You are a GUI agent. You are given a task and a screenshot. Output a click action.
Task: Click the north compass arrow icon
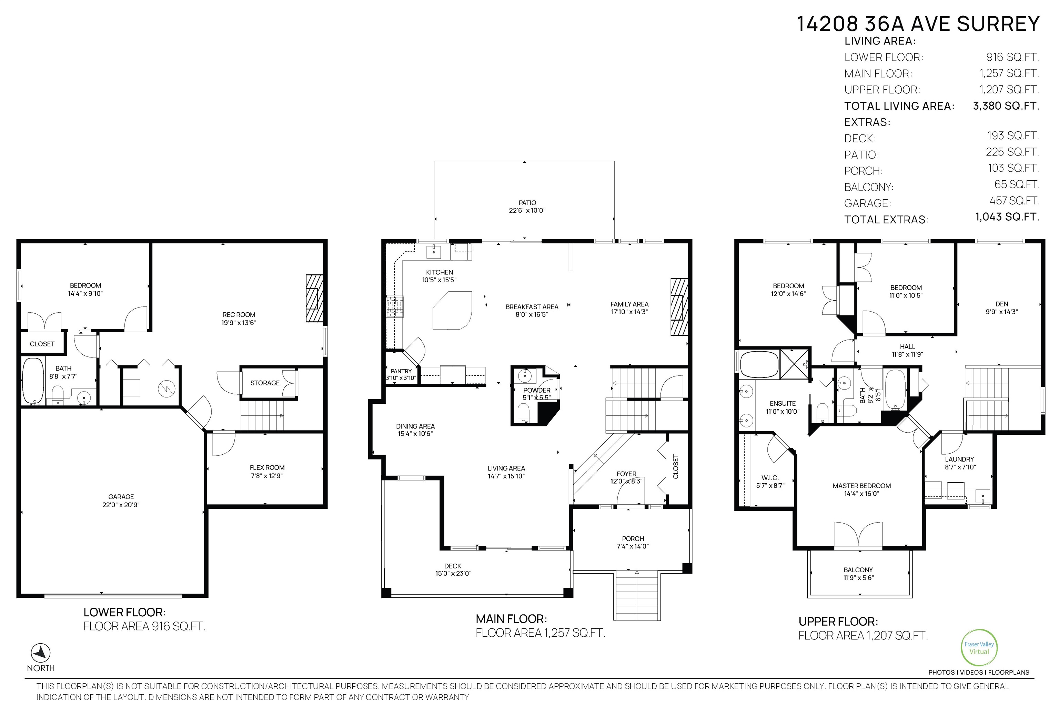(x=41, y=653)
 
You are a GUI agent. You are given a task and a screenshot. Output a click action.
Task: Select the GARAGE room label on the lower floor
(x=121, y=497)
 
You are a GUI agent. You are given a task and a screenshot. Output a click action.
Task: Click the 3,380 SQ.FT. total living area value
(x=1006, y=106)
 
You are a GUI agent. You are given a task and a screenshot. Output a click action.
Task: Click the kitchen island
(x=452, y=310)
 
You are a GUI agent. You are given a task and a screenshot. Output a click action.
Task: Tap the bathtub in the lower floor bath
(x=32, y=381)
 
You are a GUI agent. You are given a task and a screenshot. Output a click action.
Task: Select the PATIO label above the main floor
(x=527, y=203)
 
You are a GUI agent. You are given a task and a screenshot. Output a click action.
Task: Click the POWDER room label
(x=537, y=390)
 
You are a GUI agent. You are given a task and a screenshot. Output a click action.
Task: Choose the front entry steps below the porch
(x=637, y=595)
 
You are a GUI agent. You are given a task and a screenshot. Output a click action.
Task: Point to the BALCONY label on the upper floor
(x=858, y=569)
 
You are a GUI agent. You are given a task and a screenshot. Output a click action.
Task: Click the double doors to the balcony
(x=858, y=536)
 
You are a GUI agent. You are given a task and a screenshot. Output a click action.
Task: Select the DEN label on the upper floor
(x=1002, y=304)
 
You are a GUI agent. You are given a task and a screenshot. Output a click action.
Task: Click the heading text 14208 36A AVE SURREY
(x=918, y=23)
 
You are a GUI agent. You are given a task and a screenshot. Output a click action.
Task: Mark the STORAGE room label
(x=265, y=383)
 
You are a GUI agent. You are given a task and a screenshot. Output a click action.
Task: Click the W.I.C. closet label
(x=770, y=478)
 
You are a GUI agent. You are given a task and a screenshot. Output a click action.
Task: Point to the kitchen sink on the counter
(x=434, y=251)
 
